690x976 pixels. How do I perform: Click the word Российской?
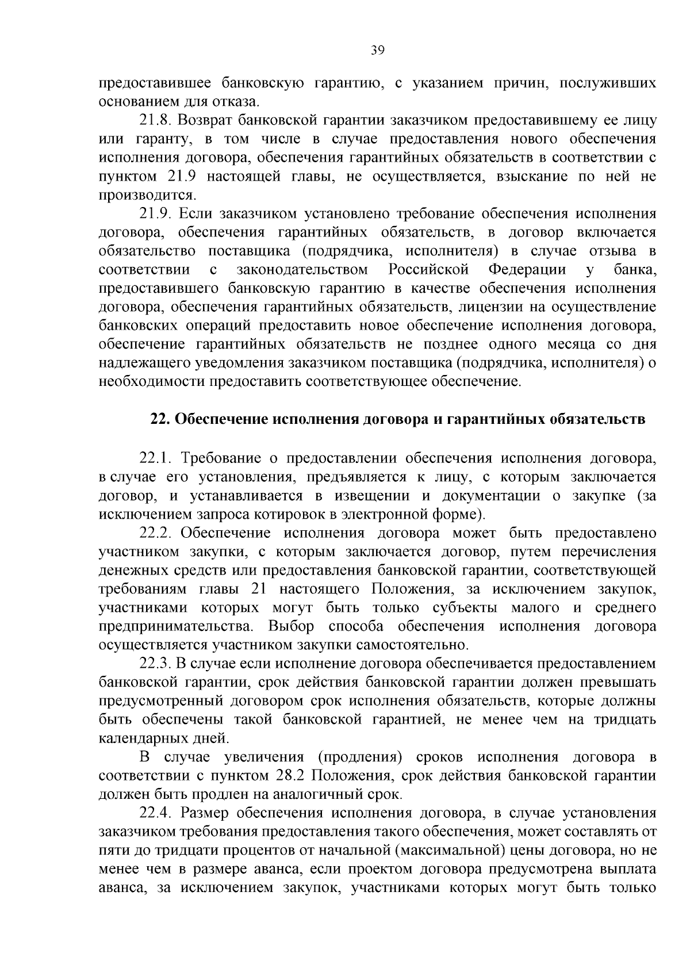(x=429, y=270)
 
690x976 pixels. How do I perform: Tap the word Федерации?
(x=527, y=270)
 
